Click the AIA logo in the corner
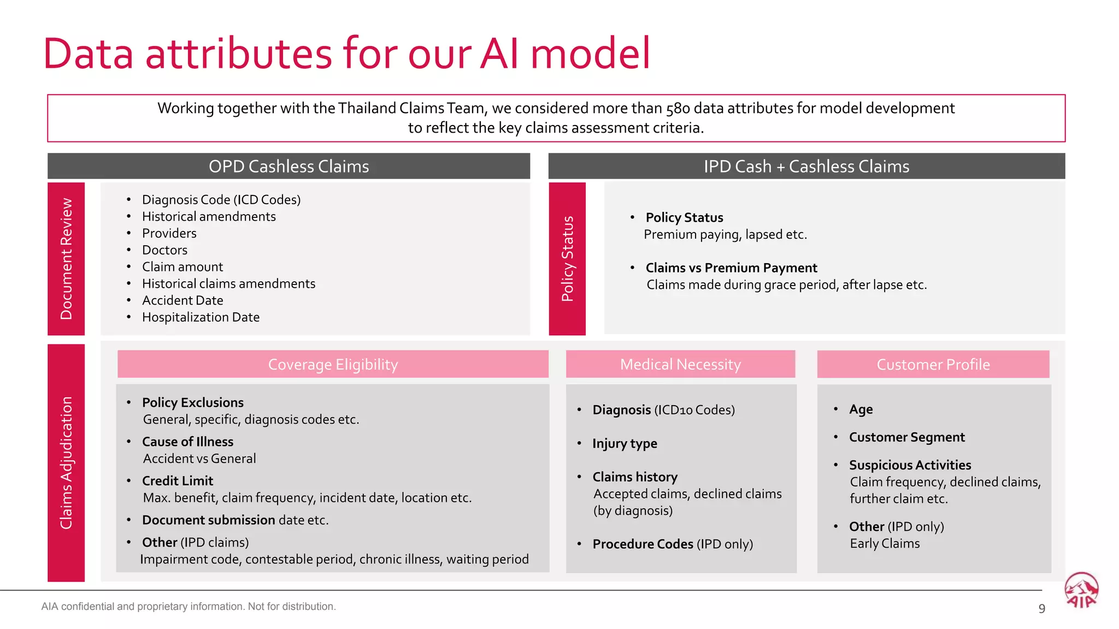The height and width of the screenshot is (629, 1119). (1081, 591)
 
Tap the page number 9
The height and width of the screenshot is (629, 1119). (1041, 609)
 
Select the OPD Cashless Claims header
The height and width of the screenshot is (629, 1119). (288, 167)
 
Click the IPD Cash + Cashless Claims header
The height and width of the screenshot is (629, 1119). (806, 167)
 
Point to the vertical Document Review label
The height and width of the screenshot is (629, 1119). (66, 259)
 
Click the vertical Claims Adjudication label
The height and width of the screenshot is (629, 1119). (66, 462)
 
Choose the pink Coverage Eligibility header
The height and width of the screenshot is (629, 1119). (333, 364)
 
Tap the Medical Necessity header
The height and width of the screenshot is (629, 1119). (680, 364)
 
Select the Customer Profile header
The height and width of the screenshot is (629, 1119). (933, 364)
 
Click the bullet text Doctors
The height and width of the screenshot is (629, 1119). (164, 250)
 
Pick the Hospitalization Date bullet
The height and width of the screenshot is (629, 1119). (201, 317)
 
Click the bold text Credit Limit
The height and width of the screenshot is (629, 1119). (178, 481)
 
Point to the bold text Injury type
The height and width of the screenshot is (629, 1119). (625, 443)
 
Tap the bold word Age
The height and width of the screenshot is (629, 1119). (861, 410)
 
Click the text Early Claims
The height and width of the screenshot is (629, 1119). (885, 544)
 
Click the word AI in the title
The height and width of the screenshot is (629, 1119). (499, 54)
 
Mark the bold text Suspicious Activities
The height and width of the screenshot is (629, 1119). (910, 465)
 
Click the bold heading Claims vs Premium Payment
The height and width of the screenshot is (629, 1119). (731, 268)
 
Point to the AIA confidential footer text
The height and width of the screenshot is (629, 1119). (189, 607)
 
